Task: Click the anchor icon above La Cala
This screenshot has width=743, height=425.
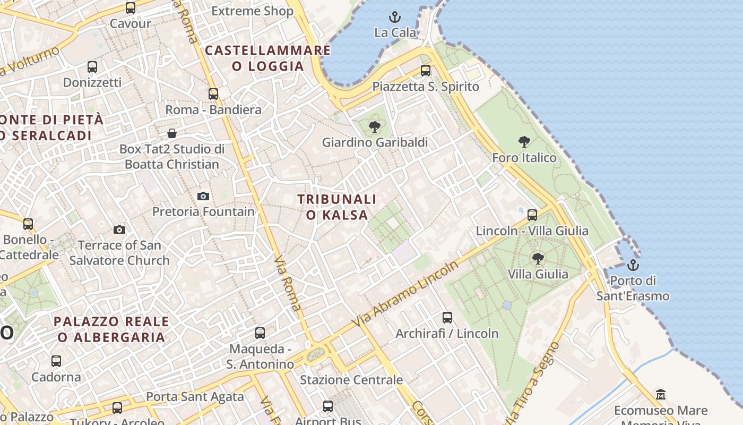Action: point(394,17)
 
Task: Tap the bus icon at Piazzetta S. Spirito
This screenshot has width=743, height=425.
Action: point(425,71)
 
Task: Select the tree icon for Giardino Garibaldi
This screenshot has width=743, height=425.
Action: point(375,126)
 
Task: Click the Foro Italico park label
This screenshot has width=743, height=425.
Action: point(524,158)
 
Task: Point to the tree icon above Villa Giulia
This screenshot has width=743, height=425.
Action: point(538,259)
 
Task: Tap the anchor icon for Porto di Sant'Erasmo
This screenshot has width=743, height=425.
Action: point(633,265)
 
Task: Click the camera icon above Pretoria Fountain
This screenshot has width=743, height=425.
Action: point(203,196)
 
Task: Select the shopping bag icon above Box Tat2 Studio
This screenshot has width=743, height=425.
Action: point(171,133)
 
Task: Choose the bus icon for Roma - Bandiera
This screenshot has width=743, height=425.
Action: point(213,94)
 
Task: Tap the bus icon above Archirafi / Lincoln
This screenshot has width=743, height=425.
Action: point(447,318)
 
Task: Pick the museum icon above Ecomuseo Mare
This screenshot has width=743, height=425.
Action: point(661,395)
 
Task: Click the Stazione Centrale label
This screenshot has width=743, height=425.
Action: point(351,380)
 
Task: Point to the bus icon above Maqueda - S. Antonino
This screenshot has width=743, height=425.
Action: point(260,333)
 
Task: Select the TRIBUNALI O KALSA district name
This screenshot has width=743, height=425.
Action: point(337,207)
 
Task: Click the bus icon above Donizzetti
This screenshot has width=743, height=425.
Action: point(92,67)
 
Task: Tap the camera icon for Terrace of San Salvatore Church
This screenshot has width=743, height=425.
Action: point(119,229)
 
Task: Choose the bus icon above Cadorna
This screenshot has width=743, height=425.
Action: point(56,361)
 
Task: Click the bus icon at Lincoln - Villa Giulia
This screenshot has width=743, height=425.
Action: point(532,215)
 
